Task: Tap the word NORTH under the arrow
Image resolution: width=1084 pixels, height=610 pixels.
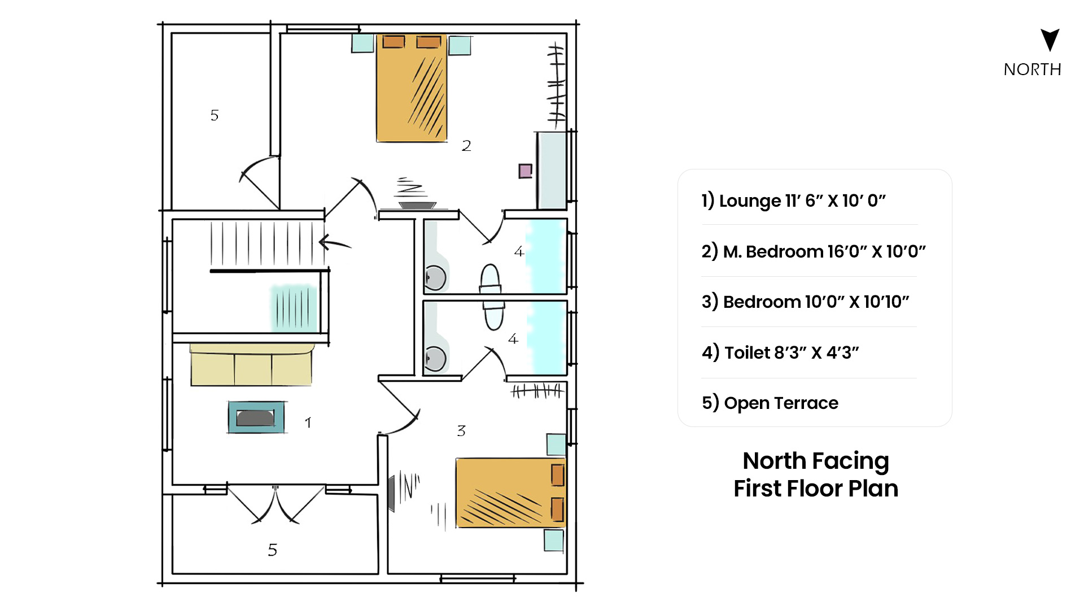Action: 1033,69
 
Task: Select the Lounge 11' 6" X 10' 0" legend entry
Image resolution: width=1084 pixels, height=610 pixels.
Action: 794,201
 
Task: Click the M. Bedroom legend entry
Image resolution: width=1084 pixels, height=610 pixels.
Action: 814,251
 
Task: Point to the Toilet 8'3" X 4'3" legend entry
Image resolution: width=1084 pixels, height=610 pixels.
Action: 780,352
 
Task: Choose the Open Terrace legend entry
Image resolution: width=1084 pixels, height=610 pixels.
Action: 770,403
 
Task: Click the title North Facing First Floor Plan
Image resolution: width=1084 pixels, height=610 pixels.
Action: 816,474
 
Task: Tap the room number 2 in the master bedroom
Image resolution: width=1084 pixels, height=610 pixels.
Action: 466,146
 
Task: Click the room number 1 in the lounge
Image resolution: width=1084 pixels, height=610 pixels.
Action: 308,422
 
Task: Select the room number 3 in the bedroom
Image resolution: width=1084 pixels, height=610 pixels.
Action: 461,431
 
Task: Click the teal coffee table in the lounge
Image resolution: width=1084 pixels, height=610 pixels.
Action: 256,417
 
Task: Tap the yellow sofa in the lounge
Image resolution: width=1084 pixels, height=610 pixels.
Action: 251,365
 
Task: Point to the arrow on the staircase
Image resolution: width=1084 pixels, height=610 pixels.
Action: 335,243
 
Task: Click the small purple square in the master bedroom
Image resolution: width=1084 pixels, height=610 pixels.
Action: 526,171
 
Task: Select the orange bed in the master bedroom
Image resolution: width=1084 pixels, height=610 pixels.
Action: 412,88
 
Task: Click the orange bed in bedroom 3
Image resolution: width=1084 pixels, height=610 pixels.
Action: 511,493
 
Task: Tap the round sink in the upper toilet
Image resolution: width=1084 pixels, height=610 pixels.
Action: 435,278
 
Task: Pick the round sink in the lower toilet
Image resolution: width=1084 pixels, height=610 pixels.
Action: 435,359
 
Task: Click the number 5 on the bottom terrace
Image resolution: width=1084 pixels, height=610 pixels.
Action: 273,550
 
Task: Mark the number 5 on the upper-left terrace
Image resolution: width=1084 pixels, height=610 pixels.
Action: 215,115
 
